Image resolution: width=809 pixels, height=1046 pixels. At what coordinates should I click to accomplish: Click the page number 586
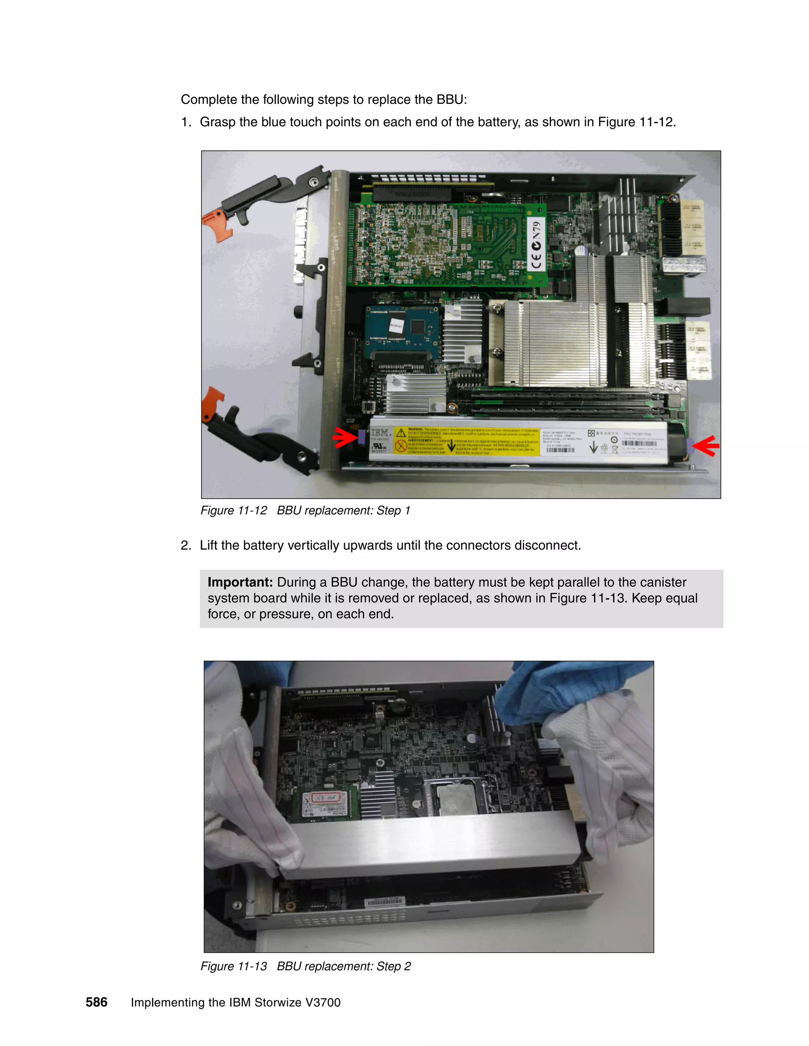[x=96, y=1003]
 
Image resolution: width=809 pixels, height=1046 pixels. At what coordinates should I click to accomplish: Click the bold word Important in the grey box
[x=240, y=582]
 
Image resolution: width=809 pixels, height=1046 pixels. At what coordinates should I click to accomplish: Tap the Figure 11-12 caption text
[x=305, y=510]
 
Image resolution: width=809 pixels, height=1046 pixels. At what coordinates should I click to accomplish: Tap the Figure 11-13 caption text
[x=305, y=966]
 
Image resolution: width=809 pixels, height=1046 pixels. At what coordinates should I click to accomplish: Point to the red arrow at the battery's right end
[x=706, y=445]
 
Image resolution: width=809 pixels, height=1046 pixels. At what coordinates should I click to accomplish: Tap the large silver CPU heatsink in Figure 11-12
[x=551, y=343]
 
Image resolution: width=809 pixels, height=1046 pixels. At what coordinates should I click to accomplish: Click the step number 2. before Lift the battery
[x=186, y=545]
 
